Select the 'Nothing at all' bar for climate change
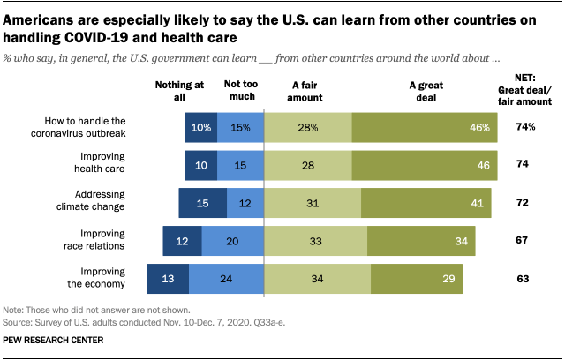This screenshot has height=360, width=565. point(203,203)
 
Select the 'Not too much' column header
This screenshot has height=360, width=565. point(239,91)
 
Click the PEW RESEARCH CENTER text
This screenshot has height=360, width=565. point(53,340)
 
